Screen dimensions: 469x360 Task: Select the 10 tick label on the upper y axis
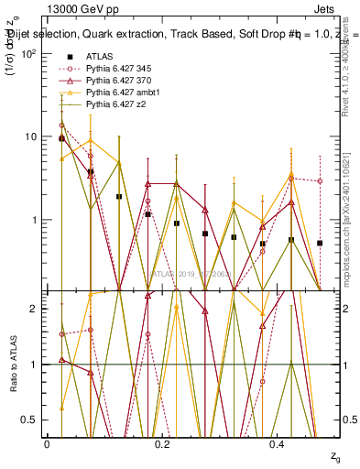(28, 136)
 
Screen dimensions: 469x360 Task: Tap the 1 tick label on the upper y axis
(32, 220)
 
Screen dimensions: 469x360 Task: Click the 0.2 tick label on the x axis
(162, 443)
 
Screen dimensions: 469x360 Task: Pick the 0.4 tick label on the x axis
(277, 443)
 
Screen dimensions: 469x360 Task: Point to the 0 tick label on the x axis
(47, 443)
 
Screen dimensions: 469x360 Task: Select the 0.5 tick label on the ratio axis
(28, 420)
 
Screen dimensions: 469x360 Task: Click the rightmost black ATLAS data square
(320, 243)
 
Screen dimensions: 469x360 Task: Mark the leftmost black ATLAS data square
(61, 138)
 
